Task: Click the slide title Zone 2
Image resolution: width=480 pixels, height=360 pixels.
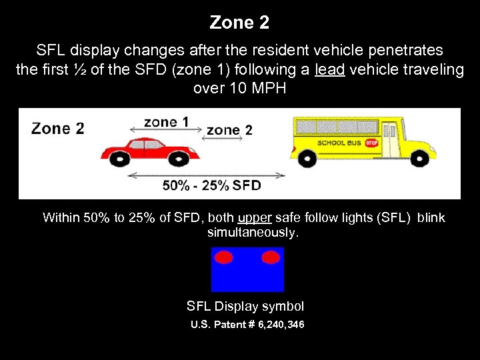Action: click(x=239, y=23)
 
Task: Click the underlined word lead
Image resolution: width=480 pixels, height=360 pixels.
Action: click(x=329, y=70)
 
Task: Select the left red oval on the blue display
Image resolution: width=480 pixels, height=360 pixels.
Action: click(x=224, y=257)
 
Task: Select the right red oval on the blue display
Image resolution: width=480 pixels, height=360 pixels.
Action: click(x=271, y=257)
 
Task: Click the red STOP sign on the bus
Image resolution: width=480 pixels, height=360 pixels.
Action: click(x=371, y=143)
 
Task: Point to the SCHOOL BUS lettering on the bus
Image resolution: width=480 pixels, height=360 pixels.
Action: click(x=340, y=143)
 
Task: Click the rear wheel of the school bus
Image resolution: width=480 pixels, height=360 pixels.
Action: click(x=307, y=157)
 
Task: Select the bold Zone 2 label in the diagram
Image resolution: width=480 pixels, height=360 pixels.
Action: click(x=58, y=129)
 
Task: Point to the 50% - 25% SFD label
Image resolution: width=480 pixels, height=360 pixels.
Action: click(x=211, y=185)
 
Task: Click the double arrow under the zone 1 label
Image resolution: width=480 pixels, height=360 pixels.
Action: click(x=171, y=131)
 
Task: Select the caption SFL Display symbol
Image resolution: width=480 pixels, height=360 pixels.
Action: click(x=245, y=307)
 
